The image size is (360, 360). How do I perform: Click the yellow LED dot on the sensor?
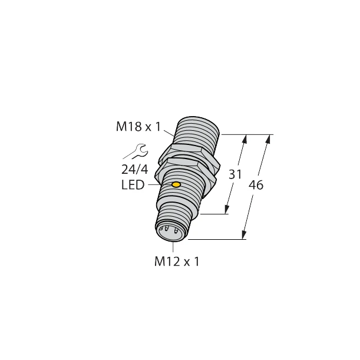point(176,186)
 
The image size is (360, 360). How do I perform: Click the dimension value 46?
point(256,185)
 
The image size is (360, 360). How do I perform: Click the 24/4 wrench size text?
point(134,170)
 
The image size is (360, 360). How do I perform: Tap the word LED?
point(133,186)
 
